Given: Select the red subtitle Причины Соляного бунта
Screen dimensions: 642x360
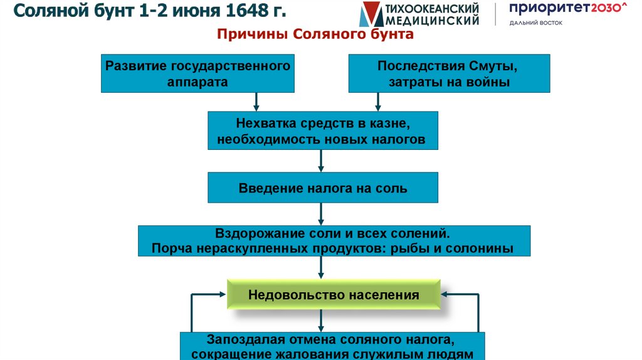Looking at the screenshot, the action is [315, 34].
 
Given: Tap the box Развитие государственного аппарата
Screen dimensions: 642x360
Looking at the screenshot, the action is [197, 73].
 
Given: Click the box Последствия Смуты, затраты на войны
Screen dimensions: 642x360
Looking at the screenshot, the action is [449, 73].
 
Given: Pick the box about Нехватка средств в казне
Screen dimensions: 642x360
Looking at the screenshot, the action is [323, 130].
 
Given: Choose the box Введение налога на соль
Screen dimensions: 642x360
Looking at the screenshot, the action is [323, 188].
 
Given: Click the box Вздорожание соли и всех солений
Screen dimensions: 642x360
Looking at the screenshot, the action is [334, 241].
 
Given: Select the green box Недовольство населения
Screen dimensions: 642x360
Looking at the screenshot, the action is [334, 295].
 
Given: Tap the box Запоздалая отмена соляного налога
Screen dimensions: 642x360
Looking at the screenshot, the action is [332, 346].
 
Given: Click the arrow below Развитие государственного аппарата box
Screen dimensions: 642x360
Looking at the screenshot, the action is [256, 102].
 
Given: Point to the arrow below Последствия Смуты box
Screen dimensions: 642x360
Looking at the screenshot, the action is [378, 102].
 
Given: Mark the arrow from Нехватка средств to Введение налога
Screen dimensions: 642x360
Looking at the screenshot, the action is [321, 161].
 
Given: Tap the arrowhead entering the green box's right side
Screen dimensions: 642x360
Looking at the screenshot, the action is [445, 295].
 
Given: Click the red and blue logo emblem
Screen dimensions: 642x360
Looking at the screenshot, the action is [371, 14].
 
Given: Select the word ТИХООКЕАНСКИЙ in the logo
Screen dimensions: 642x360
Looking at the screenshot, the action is [433, 8].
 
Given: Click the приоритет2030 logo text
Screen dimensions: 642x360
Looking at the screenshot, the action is [568, 8].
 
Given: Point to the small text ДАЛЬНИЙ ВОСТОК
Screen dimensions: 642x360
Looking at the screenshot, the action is [536, 23].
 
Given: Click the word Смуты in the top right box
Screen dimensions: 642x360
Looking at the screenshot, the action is [493, 66].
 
